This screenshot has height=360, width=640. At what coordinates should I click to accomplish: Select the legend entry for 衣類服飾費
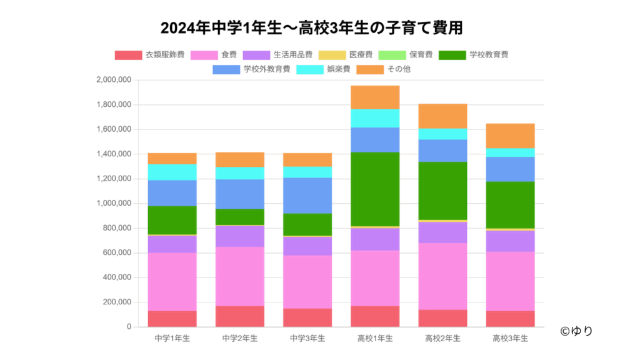tap(149, 55)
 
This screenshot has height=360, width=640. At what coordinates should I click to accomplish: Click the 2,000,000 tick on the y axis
tap(113, 80)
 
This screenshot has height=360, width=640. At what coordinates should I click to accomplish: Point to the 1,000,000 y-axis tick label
tap(113, 204)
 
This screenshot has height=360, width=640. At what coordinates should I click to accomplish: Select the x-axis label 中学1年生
tap(172, 339)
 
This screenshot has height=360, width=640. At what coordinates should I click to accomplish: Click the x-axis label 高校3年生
tap(510, 339)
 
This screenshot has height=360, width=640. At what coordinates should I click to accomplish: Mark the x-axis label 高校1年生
tap(375, 339)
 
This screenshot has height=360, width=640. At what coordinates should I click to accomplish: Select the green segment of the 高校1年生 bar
tap(375, 189)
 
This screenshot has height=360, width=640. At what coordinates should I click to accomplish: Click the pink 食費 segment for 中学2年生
tap(240, 276)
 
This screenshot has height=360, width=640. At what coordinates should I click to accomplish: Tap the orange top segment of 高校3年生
tap(510, 136)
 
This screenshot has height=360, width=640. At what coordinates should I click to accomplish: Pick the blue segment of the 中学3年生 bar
tap(307, 196)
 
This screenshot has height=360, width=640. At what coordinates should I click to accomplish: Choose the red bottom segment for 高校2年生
tap(442, 318)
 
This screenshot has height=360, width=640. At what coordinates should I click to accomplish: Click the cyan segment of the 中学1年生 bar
tap(172, 172)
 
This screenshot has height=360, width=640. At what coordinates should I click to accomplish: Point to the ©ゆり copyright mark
tap(576, 331)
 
